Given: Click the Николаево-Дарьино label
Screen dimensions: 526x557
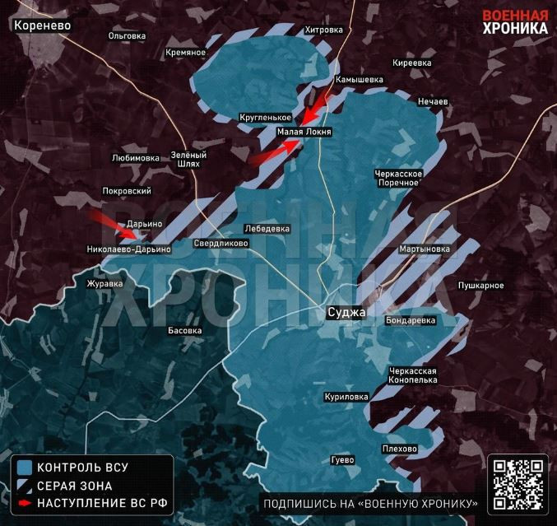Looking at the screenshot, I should pos(128,249).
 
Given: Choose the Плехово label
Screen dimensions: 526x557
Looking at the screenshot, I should pos(399,449).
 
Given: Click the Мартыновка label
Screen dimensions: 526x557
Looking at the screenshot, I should pos(424,249).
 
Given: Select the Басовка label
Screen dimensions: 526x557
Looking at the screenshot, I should pos(184,330).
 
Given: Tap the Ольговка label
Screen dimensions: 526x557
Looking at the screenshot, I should pos(128,35).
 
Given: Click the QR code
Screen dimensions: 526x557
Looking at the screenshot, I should pos(518,484).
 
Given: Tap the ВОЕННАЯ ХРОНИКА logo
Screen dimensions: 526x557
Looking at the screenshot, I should pos(514,21).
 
